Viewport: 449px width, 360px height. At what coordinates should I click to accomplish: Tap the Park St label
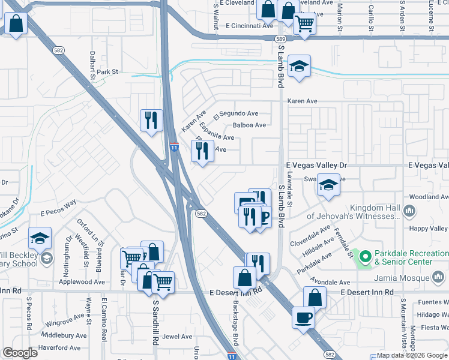tap(109, 72)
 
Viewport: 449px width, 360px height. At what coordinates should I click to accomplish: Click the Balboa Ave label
tap(249, 125)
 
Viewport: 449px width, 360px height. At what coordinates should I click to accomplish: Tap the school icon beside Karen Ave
tap(299, 67)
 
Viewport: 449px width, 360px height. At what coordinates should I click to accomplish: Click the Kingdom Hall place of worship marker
tap(410, 211)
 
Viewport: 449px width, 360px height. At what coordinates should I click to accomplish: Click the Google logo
tap(20, 353)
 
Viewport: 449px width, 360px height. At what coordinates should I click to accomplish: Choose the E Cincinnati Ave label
tap(250, 26)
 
